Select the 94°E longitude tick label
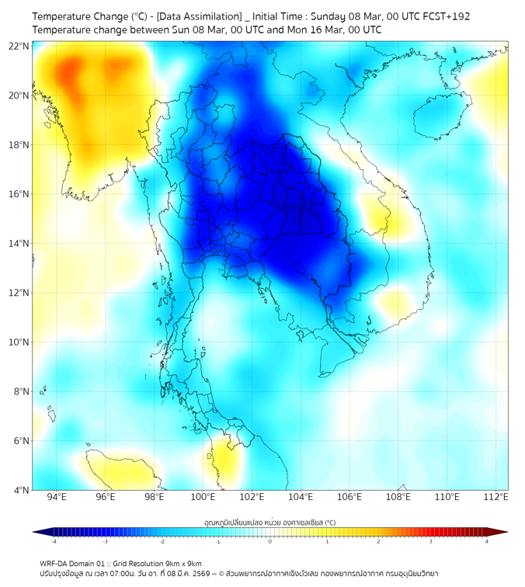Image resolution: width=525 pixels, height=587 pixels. pos(57,498)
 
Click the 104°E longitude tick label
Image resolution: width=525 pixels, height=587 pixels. pos(301,498)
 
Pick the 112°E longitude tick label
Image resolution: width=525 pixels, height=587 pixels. pos(496,498)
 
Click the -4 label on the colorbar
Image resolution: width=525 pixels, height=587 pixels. pos(54,541)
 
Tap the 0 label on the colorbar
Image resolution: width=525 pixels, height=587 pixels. pos(270,541)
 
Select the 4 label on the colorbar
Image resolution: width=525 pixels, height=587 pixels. pos(486,541)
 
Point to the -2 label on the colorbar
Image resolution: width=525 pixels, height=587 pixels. pos(162,541)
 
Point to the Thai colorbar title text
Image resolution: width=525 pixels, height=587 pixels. pos(269,523)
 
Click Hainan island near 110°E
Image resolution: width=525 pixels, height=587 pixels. pos(437,119)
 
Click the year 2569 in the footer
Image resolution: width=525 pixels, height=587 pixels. pos(202,574)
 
